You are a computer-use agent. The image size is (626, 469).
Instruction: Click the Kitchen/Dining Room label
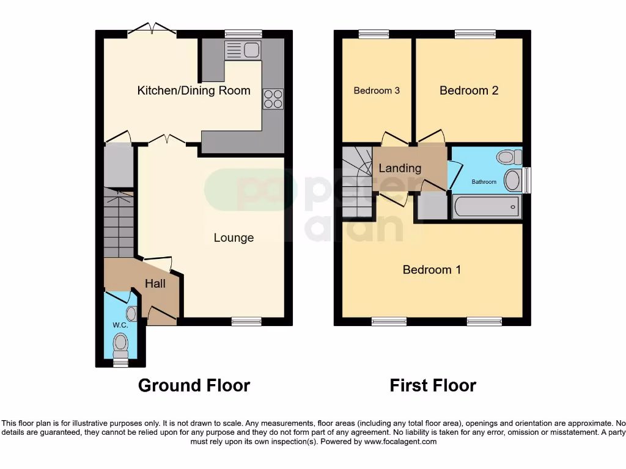point(194,91)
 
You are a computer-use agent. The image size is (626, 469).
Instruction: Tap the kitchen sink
point(243,50)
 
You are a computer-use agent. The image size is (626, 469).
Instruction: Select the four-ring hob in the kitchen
point(273,99)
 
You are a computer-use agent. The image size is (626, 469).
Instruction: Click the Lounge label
point(234,238)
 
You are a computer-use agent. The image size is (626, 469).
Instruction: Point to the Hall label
point(155,283)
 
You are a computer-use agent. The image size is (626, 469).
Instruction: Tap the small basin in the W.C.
point(131,314)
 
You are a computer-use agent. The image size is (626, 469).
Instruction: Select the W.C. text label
point(120,325)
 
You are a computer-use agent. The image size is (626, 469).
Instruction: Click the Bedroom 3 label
point(377,91)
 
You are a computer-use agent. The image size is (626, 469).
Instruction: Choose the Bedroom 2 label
point(469,90)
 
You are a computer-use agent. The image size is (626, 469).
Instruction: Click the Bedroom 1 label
point(432,269)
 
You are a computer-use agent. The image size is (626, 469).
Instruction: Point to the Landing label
point(400,168)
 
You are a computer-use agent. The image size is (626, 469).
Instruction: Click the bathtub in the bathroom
point(487,207)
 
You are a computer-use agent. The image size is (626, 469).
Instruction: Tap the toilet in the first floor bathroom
point(509,157)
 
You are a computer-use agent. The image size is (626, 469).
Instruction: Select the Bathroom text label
point(484,182)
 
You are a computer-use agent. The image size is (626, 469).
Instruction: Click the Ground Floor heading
point(194,385)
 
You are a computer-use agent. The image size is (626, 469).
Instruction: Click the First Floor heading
point(433,385)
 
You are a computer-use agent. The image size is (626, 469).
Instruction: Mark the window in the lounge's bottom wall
point(246,321)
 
